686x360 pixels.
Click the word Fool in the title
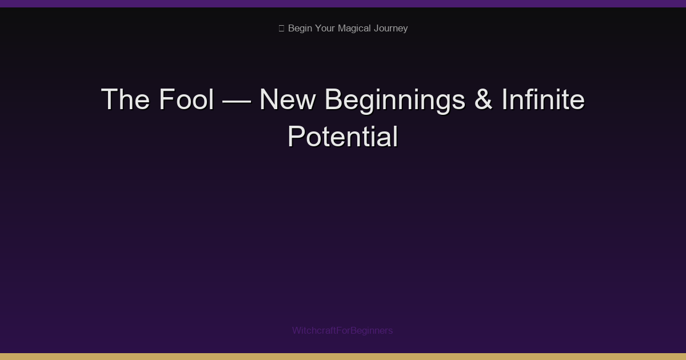[x=186, y=100]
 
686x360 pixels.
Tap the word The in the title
[x=125, y=100]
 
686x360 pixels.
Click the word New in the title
[x=287, y=100]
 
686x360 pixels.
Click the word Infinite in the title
[x=543, y=100]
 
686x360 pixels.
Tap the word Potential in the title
[x=342, y=137]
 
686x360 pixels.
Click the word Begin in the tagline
[x=300, y=29]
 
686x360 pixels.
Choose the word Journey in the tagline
[x=391, y=29]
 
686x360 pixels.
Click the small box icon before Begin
[x=281, y=29]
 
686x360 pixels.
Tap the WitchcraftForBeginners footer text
[x=342, y=330]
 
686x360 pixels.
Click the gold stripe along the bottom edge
[x=343, y=357]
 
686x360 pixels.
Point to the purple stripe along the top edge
[x=343, y=3]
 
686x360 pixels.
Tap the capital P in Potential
[x=296, y=137]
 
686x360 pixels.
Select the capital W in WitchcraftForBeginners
[x=296, y=330]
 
